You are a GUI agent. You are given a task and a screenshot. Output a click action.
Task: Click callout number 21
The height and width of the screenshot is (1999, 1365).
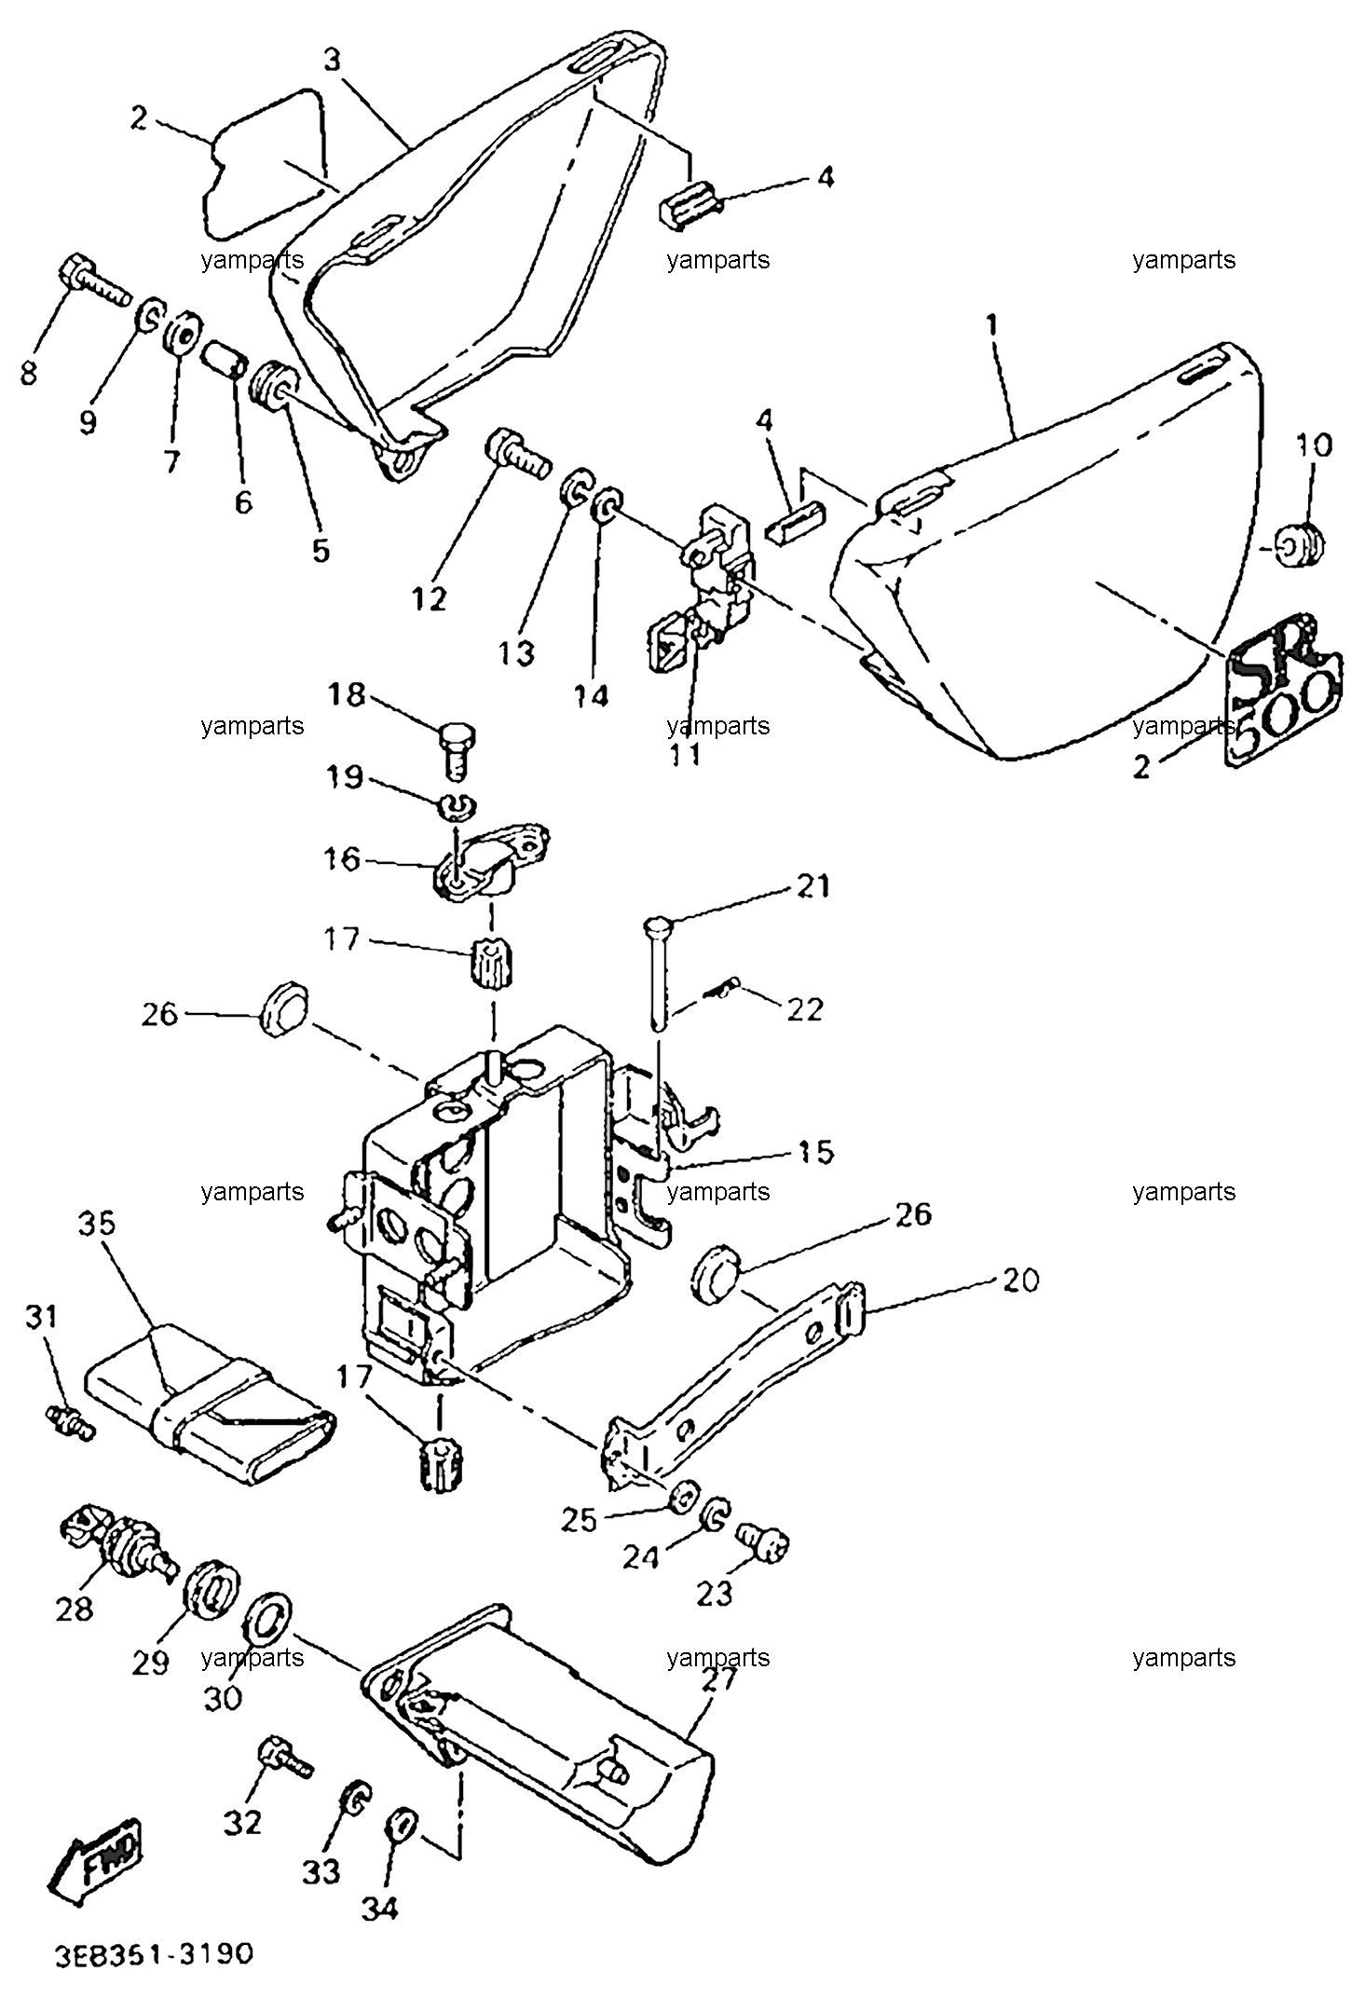pyautogui.click(x=812, y=885)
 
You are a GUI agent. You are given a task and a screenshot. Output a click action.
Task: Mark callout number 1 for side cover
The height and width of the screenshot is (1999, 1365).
pyautogui.click(x=992, y=325)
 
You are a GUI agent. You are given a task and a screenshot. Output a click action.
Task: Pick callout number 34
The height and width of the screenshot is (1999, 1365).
pyautogui.click(x=381, y=1907)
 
